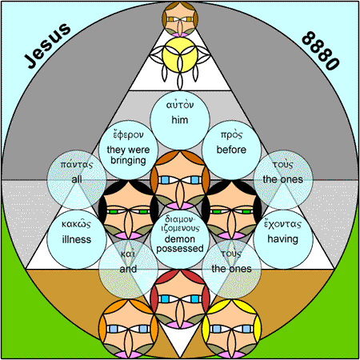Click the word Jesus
(x=48, y=45)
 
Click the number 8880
(x=321, y=50)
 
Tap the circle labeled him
(x=180, y=120)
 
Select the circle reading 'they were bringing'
(x=128, y=150)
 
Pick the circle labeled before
(x=231, y=150)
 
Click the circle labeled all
(x=77, y=180)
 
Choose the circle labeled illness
(x=77, y=239)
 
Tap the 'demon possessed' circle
(x=180, y=239)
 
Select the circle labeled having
(x=283, y=239)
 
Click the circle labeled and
(x=128, y=269)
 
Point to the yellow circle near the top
(x=180, y=55)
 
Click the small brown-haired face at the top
(x=180, y=19)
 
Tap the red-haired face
(x=180, y=299)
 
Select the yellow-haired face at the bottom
(x=231, y=329)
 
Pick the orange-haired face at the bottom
(x=128, y=329)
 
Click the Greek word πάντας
(x=77, y=165)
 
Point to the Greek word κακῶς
(x=76, y=224)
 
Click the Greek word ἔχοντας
(x=282, y=224)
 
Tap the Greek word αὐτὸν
(x=180, y=105)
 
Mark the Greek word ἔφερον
(x=128, y=134)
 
